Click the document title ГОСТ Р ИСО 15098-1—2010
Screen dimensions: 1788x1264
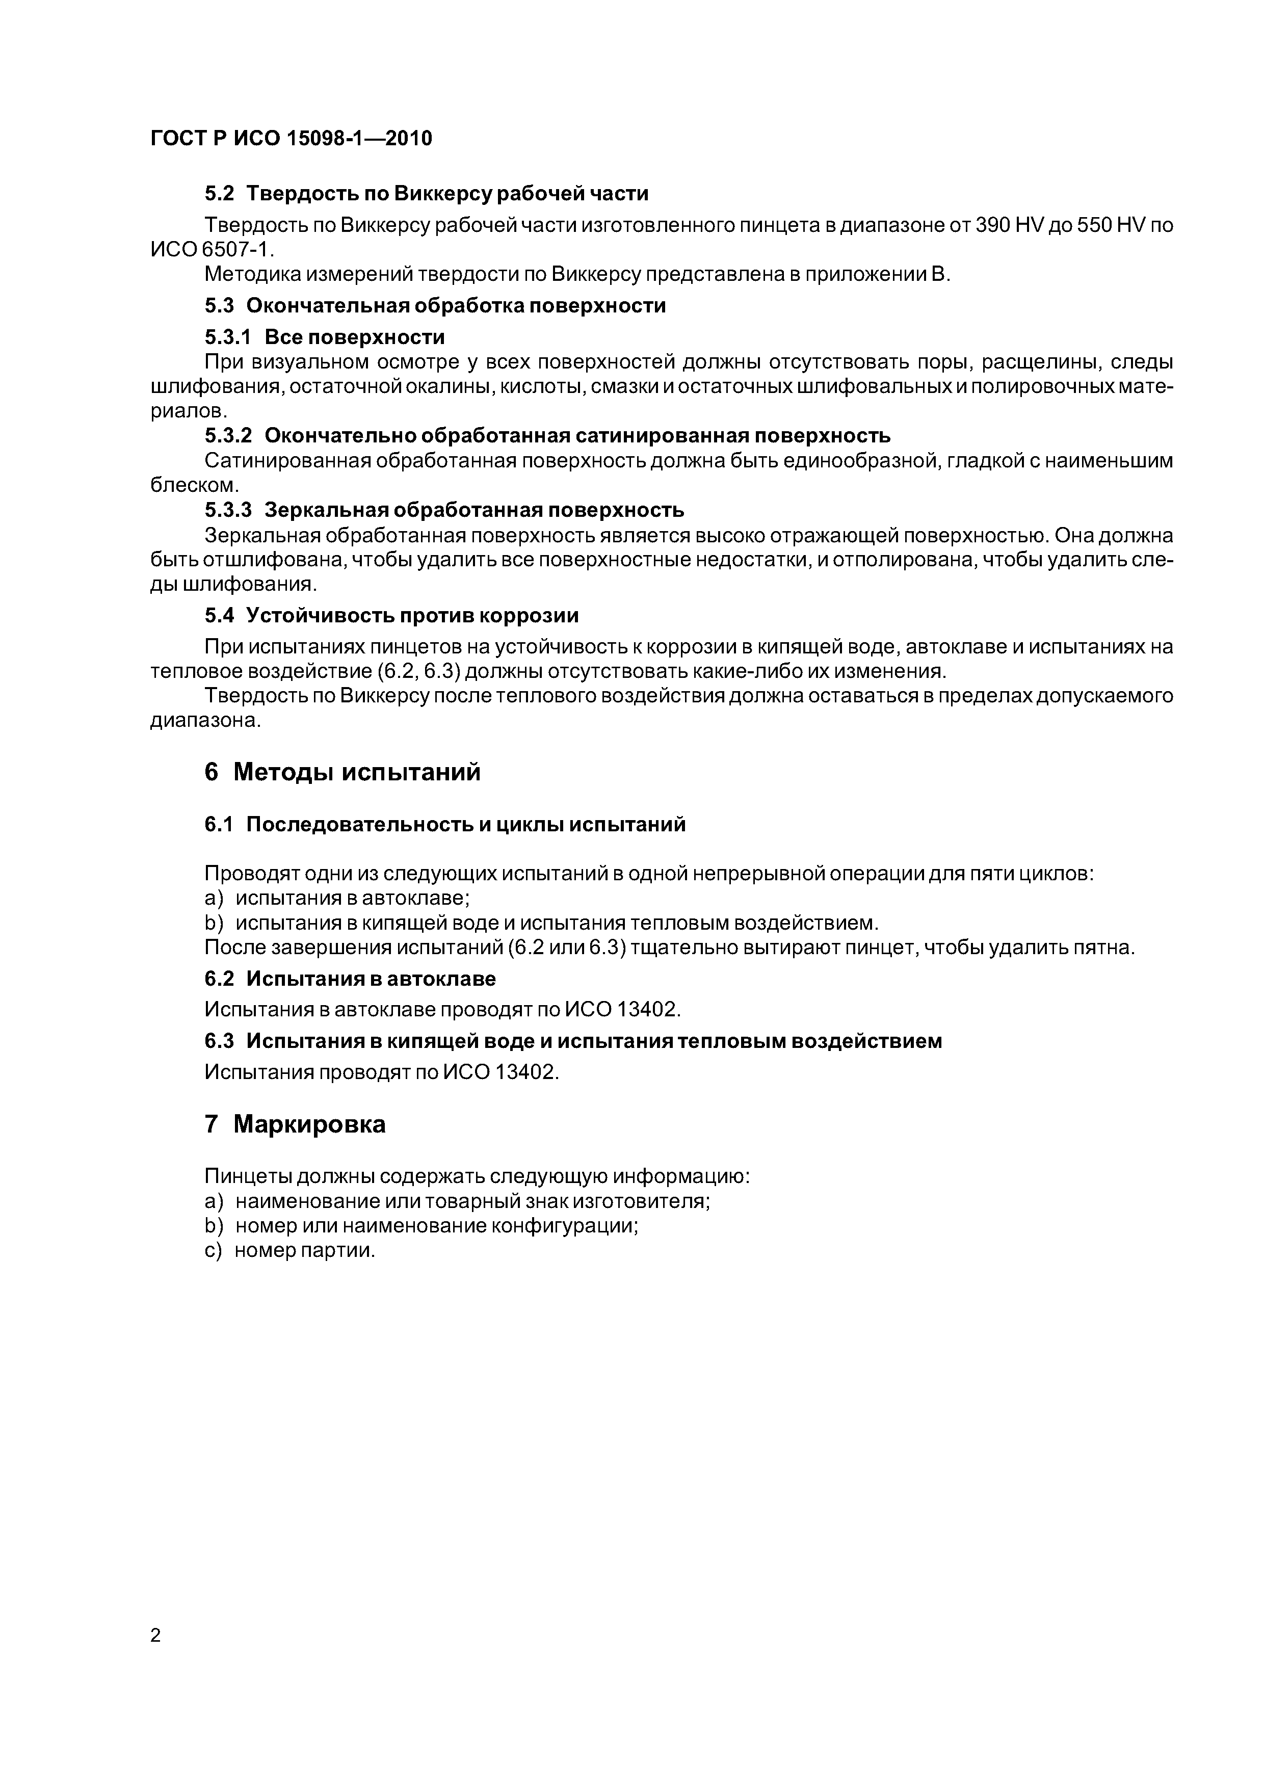click(291, 139)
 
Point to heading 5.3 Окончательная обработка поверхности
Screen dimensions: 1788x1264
click(435, 305)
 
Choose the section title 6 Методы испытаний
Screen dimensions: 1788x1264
click(343, 772)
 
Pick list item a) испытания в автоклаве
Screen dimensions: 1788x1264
click(336, 898)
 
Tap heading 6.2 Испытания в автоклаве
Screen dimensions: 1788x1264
click(350, 978)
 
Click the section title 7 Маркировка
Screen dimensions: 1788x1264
click(295, 1124)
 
